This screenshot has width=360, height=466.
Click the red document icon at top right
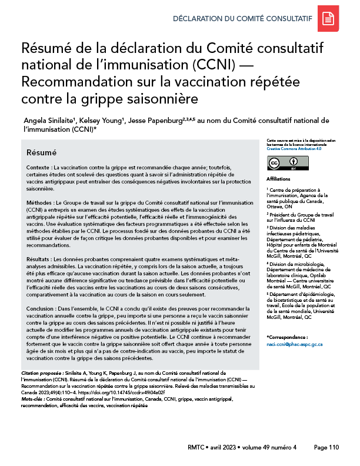[328, 19]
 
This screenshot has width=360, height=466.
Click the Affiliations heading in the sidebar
[278, 178]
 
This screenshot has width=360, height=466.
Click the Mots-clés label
[35, 399]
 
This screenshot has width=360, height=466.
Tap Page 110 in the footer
[326, 447]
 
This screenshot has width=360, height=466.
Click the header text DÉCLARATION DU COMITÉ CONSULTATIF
[242, 18]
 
